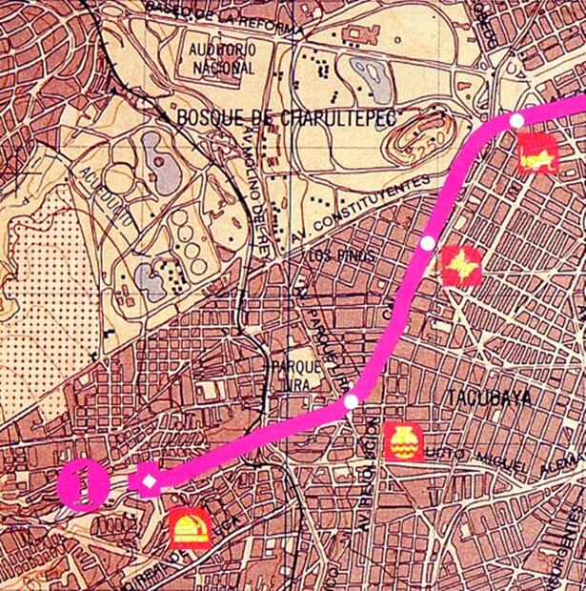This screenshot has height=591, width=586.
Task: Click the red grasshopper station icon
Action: point(538,154)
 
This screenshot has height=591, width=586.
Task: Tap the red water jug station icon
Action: point(403,441)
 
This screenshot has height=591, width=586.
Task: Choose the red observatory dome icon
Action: point(190,528)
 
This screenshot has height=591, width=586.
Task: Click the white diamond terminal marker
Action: point(150,481)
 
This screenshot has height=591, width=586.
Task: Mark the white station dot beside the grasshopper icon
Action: point(515,120)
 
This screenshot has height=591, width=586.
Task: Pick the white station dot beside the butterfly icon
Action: point(428,243)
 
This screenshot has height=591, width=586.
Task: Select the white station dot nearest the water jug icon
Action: point(352,401)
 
